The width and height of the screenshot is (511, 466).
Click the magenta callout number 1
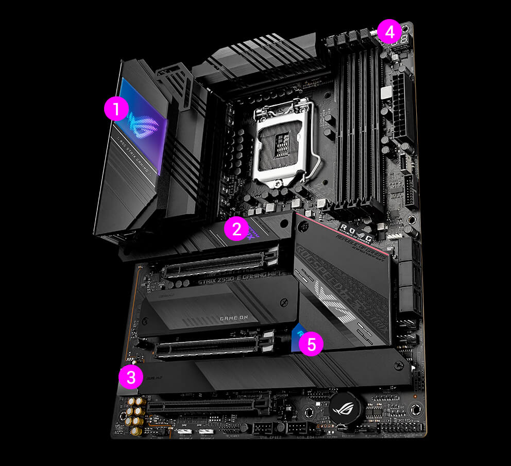115,110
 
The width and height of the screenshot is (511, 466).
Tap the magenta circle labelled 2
237,229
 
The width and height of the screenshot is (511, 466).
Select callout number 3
131,377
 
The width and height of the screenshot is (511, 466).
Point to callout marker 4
389,32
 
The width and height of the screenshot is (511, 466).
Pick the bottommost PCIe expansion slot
209,406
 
